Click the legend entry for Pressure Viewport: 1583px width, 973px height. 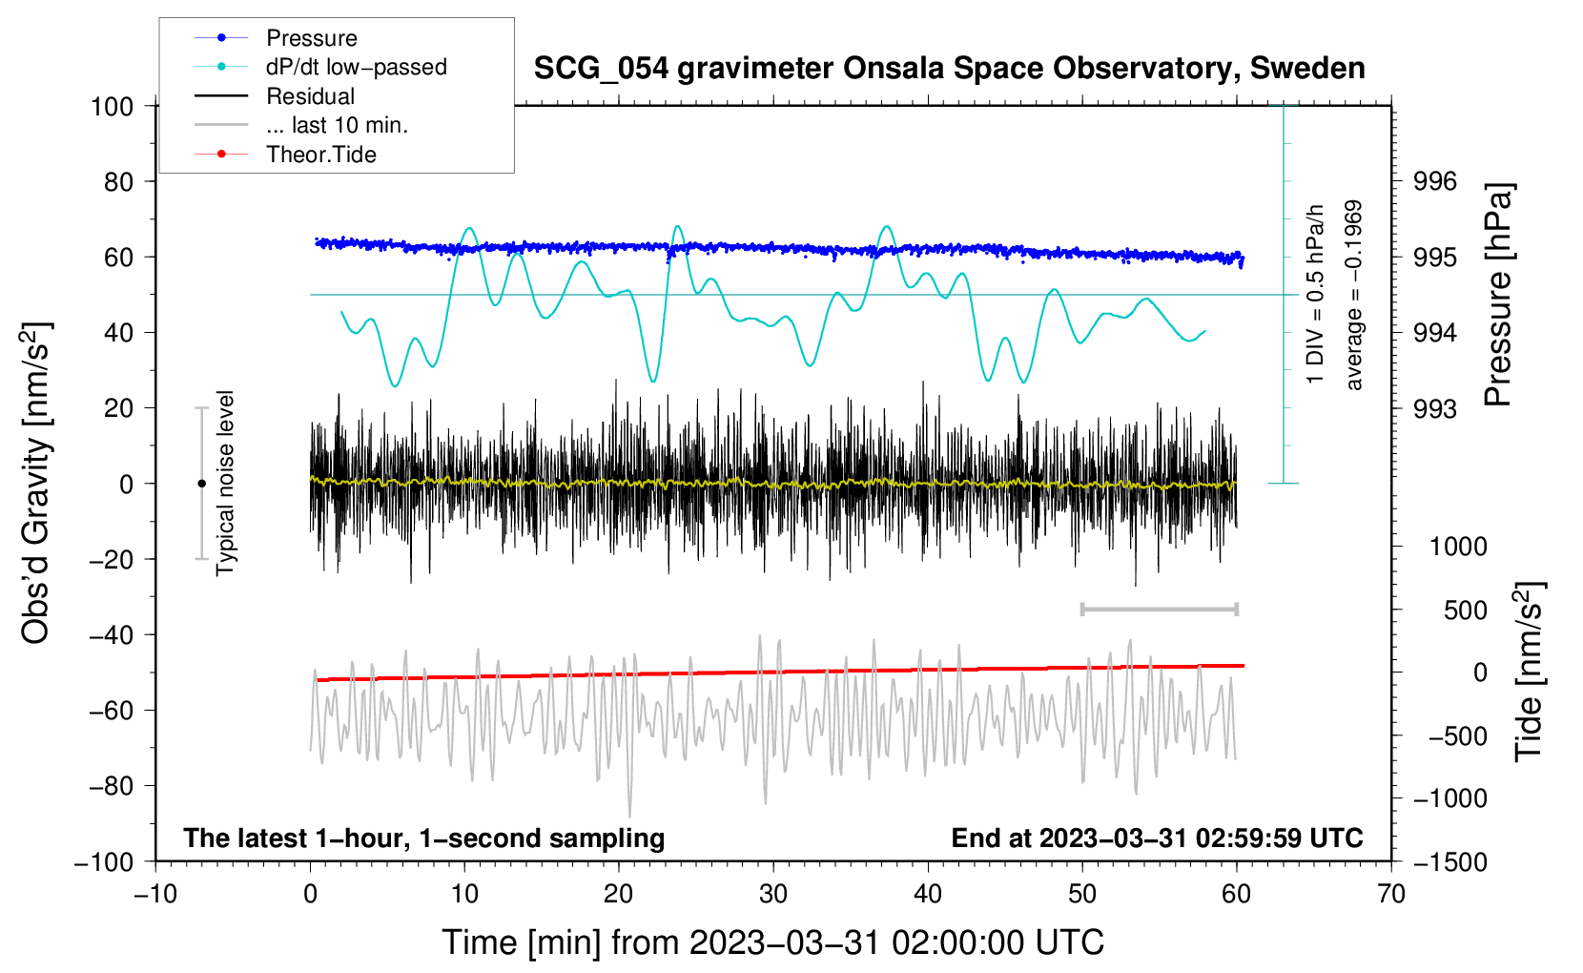pyautogui.click(x=311, y=38)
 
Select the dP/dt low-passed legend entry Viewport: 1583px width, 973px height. pyautogui.click(x=356, y=67)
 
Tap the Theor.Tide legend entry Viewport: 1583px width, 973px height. pyautogui.click(x=320, y=155)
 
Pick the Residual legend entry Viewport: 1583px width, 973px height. pyautogui.click(x=310, y=96)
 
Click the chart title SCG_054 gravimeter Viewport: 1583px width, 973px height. pyautogui.click(x=949, y=69)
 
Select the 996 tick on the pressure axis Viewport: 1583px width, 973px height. pyautogui.click(x=1434, y=181)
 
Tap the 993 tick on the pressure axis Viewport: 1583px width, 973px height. pyautogui.click(x=1434, y=408)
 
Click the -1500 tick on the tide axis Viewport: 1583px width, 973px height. pyautogui.click(x=1449, y=861)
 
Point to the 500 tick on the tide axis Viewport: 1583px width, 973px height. pyautogui.click(x=1465, y=610)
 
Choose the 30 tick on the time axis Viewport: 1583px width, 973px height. pyautogui.click(x=773, y=894)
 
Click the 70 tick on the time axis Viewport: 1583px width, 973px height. pyautogui.click(x=1391, y=894)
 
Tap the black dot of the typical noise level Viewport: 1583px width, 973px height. pyautogui.click(x=201, y=484)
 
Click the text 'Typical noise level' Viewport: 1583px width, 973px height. pyautogui.click(x=225, y=483)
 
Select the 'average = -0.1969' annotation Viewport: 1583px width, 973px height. pyautogui.click(x=1353, y=295)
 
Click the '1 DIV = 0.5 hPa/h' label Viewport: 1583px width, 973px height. pyautogui.click(x=1316, y=294)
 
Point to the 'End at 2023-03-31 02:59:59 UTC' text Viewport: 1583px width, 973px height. pyautogui.click(x=1157, y=838)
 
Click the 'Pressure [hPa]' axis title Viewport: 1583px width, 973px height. pyautogui.click(x=1498, y=295)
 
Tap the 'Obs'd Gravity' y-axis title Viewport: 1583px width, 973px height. pyautogui.click(x=36, y=483)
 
